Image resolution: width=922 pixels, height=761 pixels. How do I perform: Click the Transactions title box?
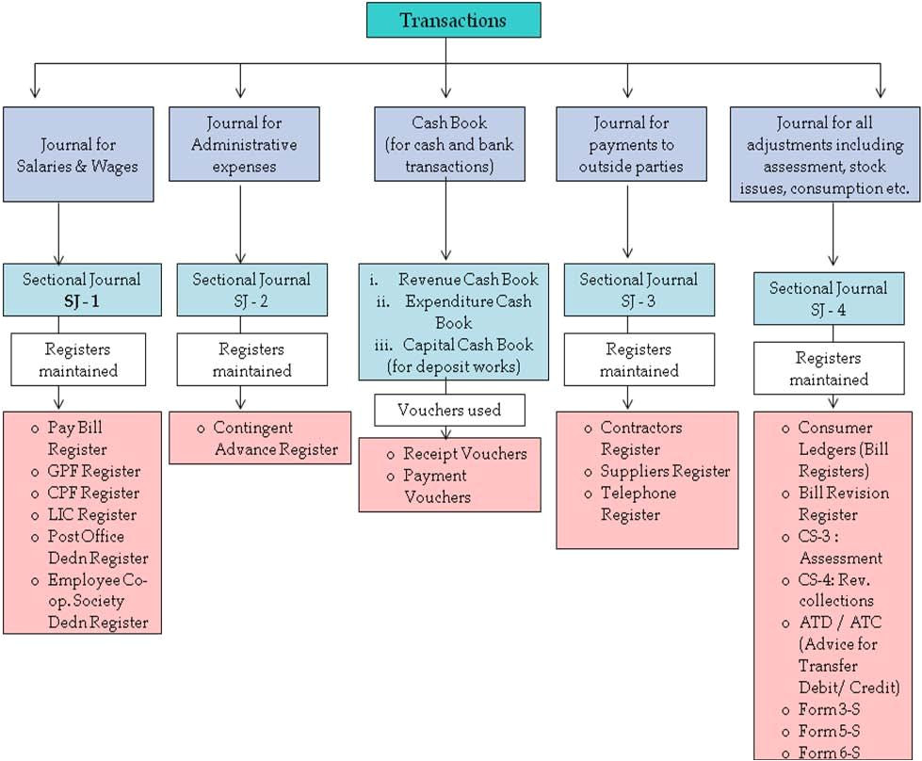453,20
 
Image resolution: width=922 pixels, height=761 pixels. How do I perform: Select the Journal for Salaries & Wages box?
77,154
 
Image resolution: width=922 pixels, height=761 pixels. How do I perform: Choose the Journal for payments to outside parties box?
631,144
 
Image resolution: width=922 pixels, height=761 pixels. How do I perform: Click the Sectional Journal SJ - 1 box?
81,289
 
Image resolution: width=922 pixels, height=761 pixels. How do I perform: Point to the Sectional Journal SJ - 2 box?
251,289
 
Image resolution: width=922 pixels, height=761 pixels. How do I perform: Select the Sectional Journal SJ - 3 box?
639,289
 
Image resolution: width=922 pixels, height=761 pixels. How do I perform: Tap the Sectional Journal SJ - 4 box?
828,299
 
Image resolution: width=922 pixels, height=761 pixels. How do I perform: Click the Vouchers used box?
449,410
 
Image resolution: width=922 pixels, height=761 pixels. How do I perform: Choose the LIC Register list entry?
91,514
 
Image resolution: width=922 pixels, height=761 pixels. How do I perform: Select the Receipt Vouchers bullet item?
464,454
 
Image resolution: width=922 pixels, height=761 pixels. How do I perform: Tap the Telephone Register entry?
639,503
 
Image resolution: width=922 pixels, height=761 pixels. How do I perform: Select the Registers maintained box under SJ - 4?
828,368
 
